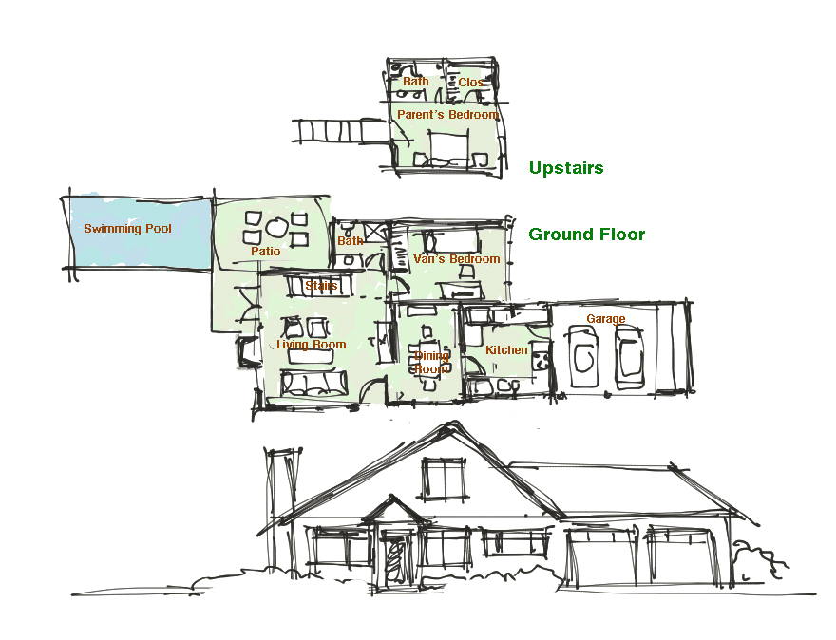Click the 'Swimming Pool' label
pos(127,229)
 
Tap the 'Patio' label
pos(266,252)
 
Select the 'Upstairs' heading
pos(566,168)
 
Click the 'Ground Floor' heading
pos(586,235)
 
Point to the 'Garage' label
pos(605,319)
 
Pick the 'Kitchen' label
pos(506,350)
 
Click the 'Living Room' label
pos(311,345)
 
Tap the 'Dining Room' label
pos(431,362)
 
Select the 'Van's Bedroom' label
pos(456,259)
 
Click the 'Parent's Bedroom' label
pos(447,115)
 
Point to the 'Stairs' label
pos(321,285)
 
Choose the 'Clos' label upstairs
pos(470,83)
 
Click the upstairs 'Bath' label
pos(415,82)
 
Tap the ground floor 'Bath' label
pos(350,241)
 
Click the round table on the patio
pos(275,228)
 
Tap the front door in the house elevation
pos(393,559)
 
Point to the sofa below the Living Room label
pos(313,384)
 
